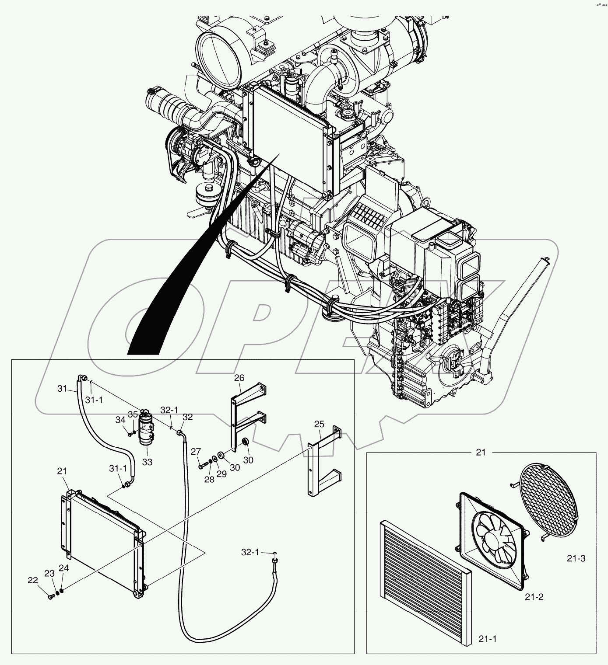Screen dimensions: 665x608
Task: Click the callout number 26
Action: [239, 378]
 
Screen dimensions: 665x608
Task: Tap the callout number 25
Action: [319, 424]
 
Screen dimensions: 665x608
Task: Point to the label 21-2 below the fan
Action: [534, 597]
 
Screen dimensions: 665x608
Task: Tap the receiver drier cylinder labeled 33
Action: [146, 429]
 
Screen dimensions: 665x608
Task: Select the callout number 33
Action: [147, 462]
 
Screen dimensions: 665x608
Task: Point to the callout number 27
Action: [196, 452]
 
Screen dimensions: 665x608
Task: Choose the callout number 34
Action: [120, 420]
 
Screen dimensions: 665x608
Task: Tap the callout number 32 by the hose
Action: [187, 418]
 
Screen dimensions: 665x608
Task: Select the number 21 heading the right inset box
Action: [481, 453]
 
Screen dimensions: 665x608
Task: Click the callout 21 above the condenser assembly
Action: [62, 471]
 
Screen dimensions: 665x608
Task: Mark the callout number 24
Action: [64, 568]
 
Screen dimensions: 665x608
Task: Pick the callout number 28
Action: [210, 480]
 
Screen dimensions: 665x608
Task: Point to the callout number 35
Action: [133, 414]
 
